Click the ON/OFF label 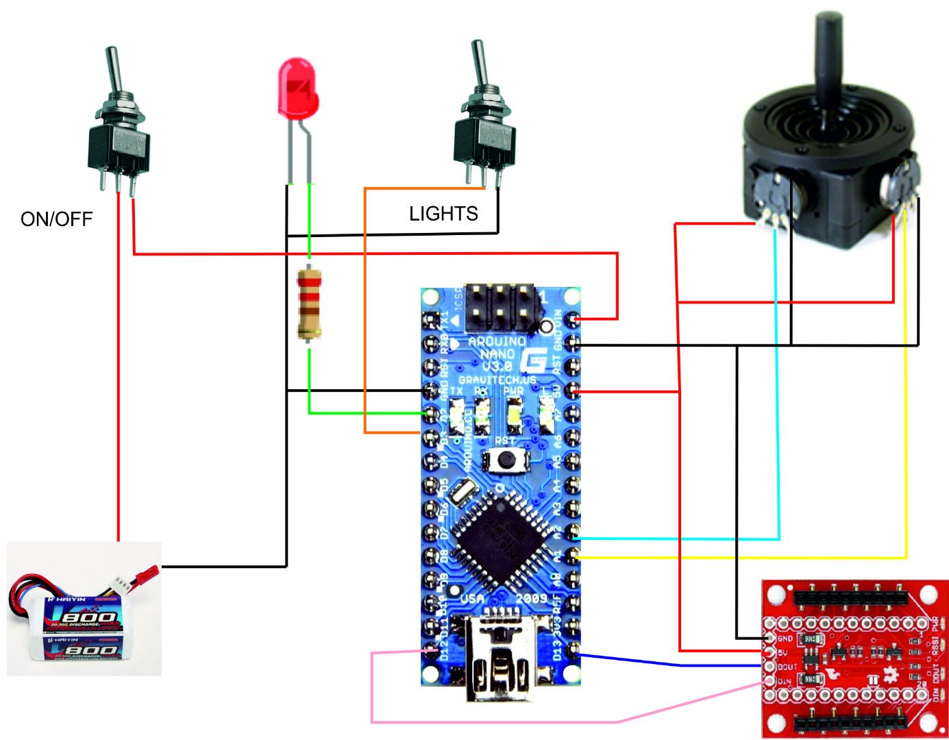[56, 219]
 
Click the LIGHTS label [443, 214]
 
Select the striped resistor [308, 304]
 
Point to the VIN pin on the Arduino [572, 318]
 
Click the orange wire [365, 308]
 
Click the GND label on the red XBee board [785, 639]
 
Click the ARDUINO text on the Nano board [497, 341]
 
